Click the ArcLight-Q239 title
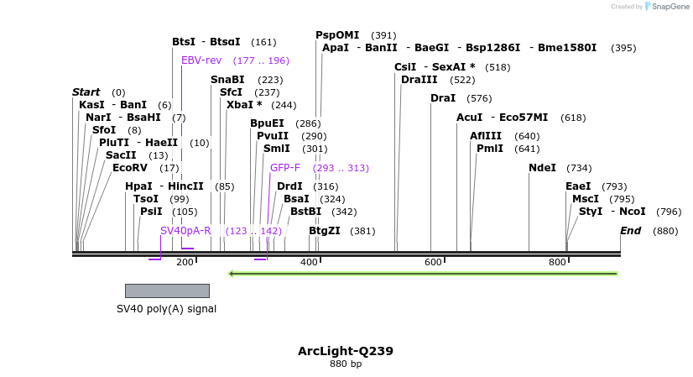(x=345, y=351)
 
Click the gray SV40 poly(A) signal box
(x=167, y=291)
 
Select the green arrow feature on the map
(x=424, y=273)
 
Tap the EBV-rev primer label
(x=201, y=60)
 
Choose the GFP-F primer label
(x=284, y=168)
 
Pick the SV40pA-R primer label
(x=185, y=230)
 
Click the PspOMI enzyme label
(x=337, y=35)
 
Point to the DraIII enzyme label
(x=419, y=80)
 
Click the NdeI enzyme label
(x=542, y=168)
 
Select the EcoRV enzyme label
(x=135, y=168)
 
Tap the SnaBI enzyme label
(x=227, y=80)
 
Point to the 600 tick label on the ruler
(x=433, y=263)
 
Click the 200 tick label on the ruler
(x=185, y=263)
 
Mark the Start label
(x=86, y=92)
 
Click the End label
(x=630, y=231)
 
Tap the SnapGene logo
(x=666, y=7)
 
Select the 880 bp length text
(x=345, y=364)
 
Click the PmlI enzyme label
(x=490, y=149)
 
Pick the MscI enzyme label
(x=586, y=199)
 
